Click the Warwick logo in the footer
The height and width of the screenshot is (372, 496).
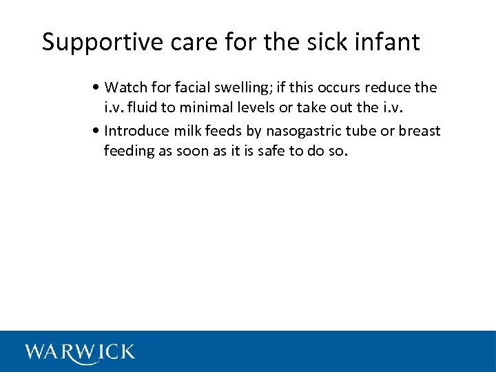(80, 352)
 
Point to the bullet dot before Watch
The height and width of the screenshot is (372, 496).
(100, 88)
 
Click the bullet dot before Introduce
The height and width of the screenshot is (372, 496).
(100, 132)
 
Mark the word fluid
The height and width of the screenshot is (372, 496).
(141, 108)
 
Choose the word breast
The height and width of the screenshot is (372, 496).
(422, 132)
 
